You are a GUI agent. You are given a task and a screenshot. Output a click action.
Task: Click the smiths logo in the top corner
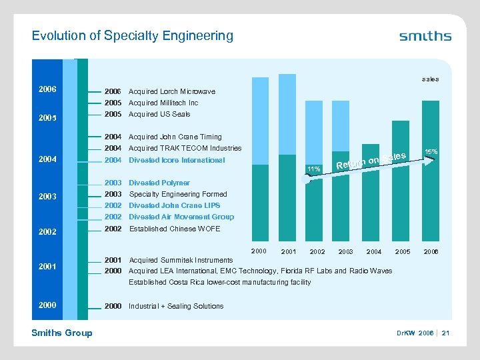(425, 36)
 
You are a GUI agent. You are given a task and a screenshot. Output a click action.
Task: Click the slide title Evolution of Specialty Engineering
(133, 35)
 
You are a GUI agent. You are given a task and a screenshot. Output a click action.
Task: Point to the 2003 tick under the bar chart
(345, 251)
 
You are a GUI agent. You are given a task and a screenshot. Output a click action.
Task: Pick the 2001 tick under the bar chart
(289, 251)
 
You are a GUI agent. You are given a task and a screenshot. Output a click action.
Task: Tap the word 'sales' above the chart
(429, 79)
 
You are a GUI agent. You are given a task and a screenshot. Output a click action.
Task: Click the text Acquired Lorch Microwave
(171, 91)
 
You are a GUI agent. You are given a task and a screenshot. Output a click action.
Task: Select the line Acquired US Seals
(161, 114)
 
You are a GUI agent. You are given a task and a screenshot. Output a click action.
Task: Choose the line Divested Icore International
(177, 160)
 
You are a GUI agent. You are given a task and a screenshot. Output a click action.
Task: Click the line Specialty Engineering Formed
(177, 194)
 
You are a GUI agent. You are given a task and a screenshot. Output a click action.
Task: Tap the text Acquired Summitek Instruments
(181, 260)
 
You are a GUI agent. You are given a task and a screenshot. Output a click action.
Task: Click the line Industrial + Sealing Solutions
(176, 306)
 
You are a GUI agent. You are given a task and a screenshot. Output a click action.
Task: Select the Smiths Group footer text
(62, 333)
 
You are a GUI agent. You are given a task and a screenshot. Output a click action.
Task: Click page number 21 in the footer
(445, 333)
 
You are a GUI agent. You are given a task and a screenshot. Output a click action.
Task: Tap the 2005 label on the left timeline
(47, 119)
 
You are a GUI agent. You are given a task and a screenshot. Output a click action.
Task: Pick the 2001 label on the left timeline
(47, 267)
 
